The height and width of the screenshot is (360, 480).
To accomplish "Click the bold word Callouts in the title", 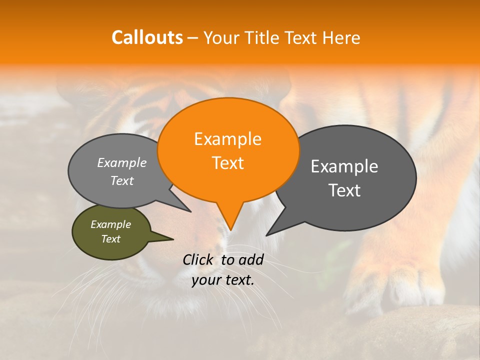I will tap(147, 37).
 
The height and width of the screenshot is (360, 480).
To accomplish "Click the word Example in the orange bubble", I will tap(227, 139).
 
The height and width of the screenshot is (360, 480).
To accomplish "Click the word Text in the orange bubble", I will tap(227, 163).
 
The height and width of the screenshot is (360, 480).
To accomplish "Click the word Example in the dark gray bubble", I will tap(344, 166).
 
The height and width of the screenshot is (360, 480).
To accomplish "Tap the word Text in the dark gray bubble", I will tap(344, 190).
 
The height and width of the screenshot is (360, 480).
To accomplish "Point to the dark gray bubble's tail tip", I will tap(267, 234).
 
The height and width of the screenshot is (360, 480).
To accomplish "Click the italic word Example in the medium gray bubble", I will tap(121, 163).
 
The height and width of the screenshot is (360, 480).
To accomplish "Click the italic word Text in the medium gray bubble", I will tap(121, 181).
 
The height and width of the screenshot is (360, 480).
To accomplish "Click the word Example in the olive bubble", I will tap(110, 224).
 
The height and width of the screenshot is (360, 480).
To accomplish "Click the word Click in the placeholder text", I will tap(198, 259).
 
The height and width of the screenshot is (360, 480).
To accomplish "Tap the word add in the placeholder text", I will tap(250, 259).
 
